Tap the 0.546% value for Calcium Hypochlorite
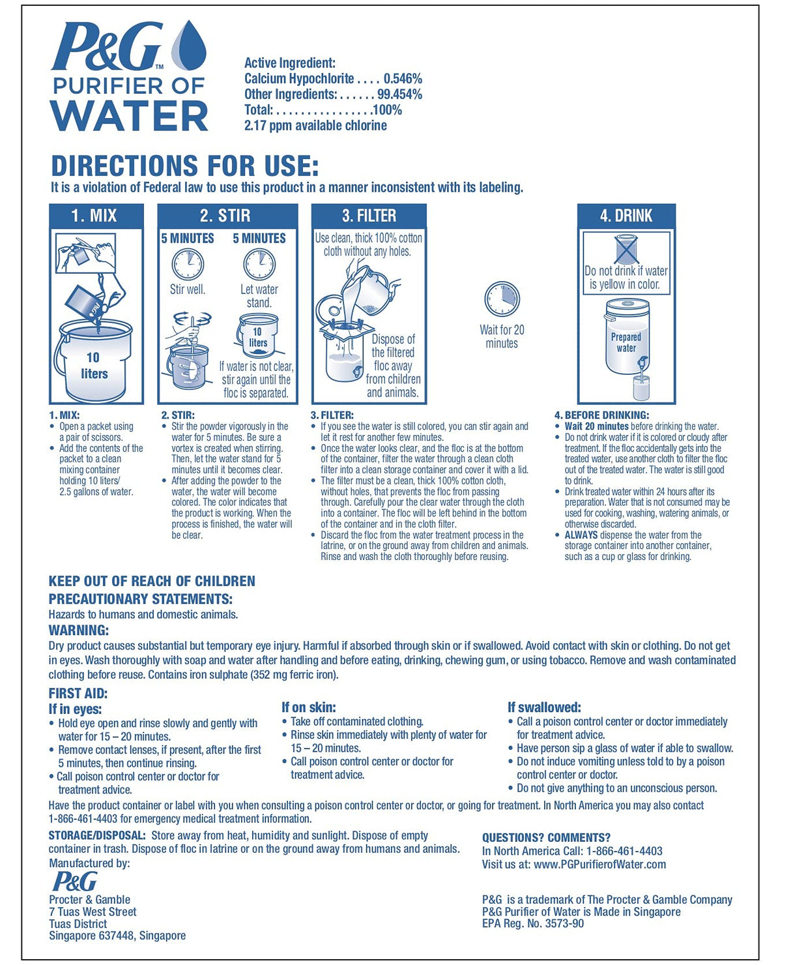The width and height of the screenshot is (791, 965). [x=403, y=79]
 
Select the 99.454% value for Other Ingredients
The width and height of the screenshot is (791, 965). [x=399, y=95]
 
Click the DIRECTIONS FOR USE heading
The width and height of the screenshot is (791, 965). [x=185, y=166]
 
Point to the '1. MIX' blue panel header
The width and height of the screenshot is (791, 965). [x=96, y=216]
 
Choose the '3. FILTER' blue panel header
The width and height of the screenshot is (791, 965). [x=369, y=216]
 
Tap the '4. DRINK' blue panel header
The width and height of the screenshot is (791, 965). [x=626, y=216]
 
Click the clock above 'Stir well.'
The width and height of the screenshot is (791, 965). [x=188, y=265]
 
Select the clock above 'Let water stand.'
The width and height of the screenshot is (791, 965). [x=259, y=265]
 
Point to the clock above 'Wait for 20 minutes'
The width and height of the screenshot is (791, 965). [x=502, y=299]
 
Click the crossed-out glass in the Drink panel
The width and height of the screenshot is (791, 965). [x=626, y=250]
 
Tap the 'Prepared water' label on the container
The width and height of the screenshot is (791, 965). [x=626, y=342]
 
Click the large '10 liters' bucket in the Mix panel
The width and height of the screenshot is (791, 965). [x=95, y=362]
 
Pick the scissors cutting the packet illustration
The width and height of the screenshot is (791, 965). [x=85, y=252]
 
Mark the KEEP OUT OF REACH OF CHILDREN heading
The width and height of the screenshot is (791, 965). [x=152, y=581]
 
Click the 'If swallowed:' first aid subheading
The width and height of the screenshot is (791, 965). [x=544, y=707]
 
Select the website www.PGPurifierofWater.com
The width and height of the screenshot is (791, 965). [x=599, y=865]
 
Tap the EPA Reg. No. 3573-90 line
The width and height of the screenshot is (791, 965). [x=533, y=923]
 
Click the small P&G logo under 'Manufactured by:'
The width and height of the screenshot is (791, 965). [x=74, y=882]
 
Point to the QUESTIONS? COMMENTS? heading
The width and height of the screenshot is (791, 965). [x=546, y=838]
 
